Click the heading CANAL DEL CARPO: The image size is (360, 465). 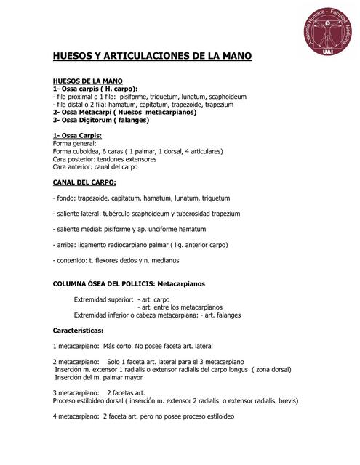84,182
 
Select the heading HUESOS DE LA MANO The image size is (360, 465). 88,80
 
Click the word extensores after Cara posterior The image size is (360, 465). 137,159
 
